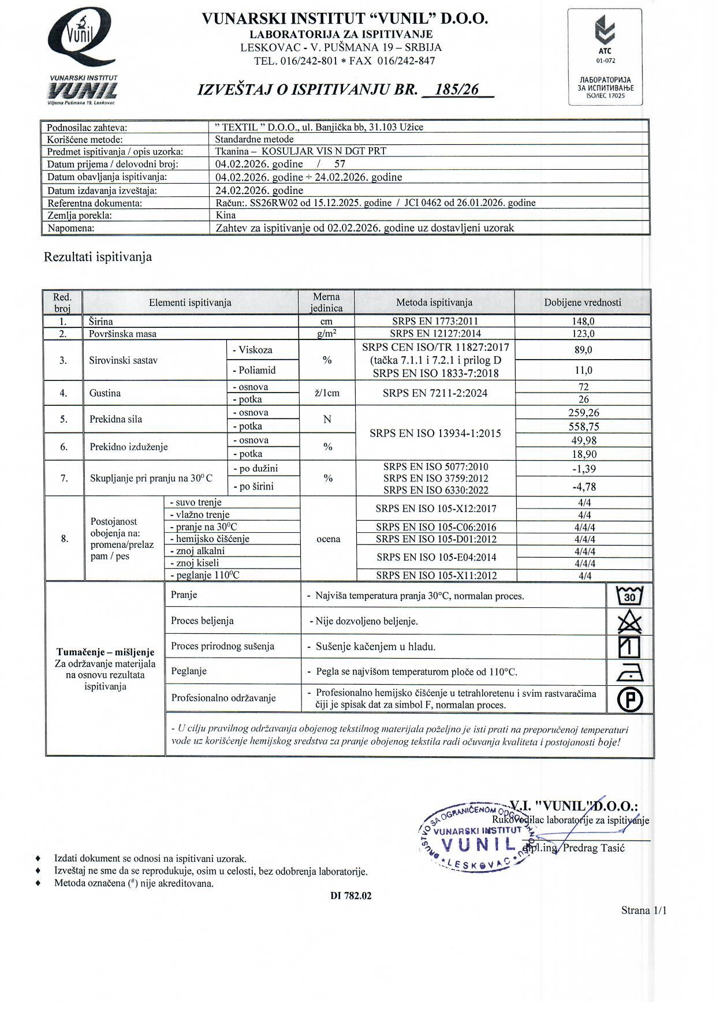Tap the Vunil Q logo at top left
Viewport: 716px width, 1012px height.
pyautogui.click(x=83, y=40)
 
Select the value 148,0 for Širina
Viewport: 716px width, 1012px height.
pyautogui.click(x=583, y=321)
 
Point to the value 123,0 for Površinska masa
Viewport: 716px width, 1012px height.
pyautogui.click(x=583, y=334)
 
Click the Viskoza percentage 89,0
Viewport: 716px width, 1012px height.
pyautogui.click(x=583, y=350)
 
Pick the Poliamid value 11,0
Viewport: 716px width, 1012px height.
pyautogui.click(x=583, y=370)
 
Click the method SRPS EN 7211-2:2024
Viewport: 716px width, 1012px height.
pyautogui.click(x=435, y=393)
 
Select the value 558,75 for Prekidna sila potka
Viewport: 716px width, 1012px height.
pyautogui.click(x=583, y=427)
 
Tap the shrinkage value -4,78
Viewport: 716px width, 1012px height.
pyautogui.click(x=583, y=487)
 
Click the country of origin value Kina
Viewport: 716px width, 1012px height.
pyautogui.click(x=225, y=215)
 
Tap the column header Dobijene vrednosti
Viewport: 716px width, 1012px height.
pyautogui.click(x=583, y=303)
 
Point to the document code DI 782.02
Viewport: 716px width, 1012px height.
pyautogui.click(x=351, y=896)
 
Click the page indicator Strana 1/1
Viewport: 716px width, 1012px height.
pyautogui.click(x=644, y=910)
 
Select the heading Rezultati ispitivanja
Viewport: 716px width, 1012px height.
pyautogui.click(x=98, y=257)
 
